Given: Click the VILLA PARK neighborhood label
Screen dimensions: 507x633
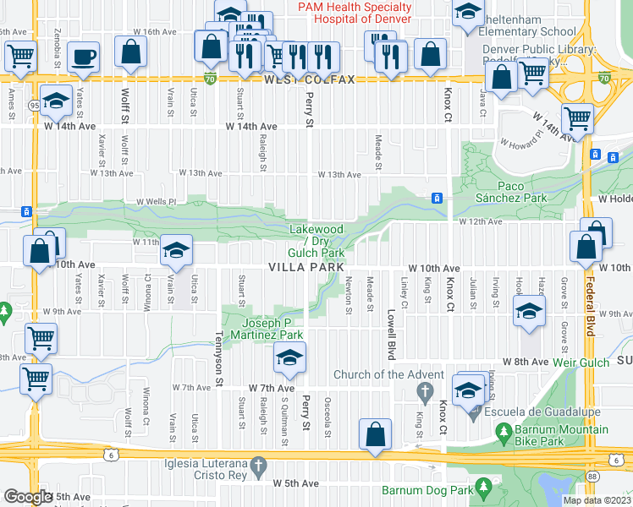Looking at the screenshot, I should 305,267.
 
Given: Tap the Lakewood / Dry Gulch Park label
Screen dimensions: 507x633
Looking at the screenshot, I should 316,241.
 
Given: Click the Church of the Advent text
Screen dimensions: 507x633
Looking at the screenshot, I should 388,375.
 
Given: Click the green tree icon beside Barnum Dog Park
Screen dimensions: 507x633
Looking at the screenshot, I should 483,488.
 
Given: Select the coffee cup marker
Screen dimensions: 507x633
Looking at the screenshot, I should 83,56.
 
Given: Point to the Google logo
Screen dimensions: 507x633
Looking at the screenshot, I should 28,496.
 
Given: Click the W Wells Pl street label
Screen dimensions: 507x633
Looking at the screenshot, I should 155,202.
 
